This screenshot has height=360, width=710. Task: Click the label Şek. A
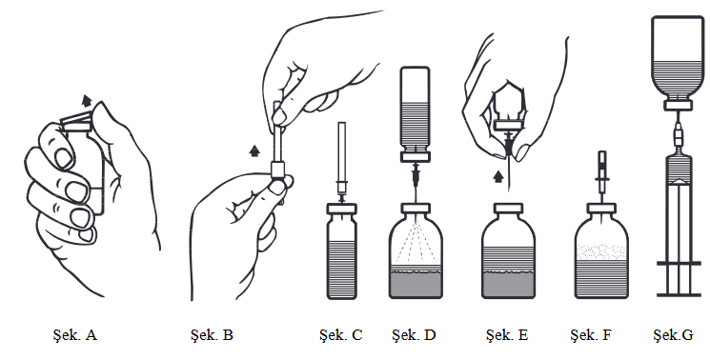click(74, 335)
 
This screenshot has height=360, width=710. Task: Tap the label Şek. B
click(212, 335)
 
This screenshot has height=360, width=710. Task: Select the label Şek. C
click(340, 335)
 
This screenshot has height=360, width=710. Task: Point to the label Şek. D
click(414, 335)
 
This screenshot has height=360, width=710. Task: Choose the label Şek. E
click(507, 335)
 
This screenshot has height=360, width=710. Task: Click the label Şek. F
click(591, 335)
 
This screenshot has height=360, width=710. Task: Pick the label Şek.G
click(673, 335)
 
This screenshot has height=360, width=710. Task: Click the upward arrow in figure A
click(87, 100)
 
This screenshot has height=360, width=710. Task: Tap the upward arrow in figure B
click(254, 150)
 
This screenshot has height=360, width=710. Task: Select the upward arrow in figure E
click(498, 176)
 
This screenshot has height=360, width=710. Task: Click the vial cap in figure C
click(342, 209)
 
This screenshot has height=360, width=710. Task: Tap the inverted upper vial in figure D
click(415, 114)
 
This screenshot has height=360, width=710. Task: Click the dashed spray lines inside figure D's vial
click(416, 242)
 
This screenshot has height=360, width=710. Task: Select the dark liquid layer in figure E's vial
click(508, 284)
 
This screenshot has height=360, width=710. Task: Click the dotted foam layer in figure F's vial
click(601, 252)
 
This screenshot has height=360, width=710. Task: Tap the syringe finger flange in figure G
click(678, 263)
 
